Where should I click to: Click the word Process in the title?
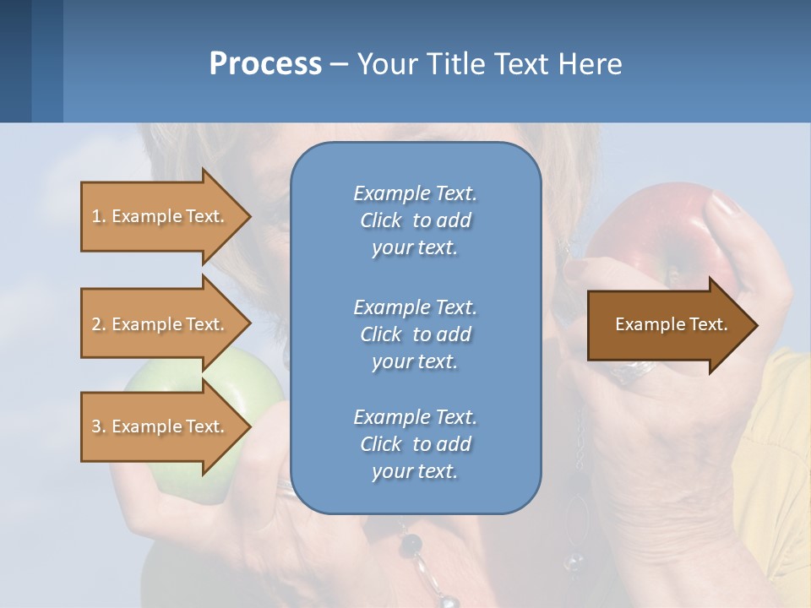tap(265, 63)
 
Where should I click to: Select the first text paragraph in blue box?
tap(415, 220)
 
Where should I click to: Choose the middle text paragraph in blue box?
tap(415, 334)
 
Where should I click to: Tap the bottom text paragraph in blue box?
tap(415, 444)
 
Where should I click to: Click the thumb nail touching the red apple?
tap(724, 204)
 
